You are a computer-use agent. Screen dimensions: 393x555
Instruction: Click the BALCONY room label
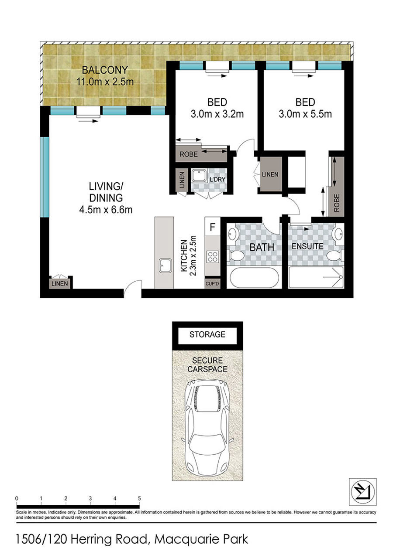105,70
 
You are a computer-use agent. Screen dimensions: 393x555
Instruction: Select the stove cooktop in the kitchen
213,257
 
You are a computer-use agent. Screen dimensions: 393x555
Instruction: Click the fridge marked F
212,227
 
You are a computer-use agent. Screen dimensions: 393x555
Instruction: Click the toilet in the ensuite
334,255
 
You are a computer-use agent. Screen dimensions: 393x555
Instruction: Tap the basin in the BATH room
232,234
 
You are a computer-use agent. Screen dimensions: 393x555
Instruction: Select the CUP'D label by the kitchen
212,284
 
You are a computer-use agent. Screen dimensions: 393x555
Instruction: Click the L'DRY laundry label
217,179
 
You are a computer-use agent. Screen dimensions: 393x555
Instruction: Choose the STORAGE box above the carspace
207,334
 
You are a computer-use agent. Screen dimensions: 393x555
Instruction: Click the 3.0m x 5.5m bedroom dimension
305,114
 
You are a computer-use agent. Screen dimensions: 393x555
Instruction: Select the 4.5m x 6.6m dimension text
106,210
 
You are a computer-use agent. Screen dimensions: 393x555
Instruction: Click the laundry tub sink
199,176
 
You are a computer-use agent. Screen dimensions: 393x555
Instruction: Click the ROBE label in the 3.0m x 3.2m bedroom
189,154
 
